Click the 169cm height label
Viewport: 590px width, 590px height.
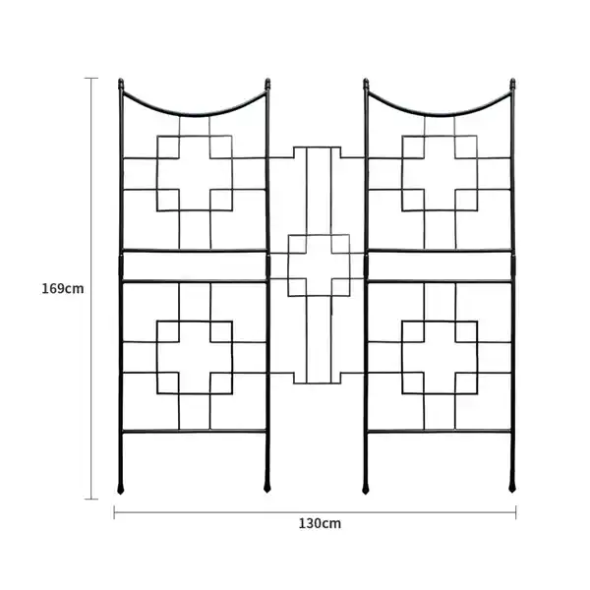pos(63,288)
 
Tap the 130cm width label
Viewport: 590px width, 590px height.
pos(320,523)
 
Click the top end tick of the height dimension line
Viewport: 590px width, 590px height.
pos(91,79)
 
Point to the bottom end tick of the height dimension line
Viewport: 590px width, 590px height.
pos(91,499)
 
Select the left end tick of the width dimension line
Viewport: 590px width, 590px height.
pos(114,512)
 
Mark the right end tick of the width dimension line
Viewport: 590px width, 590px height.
pos(515,512)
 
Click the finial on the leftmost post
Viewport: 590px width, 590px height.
pos(121,84)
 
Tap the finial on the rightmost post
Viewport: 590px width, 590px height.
pos(512,84)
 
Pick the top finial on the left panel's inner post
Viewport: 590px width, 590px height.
pos(267,84)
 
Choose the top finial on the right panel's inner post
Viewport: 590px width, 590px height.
pos(366,84)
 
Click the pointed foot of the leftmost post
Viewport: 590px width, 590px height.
pos(120,487)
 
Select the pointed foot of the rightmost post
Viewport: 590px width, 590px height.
pos(512,487)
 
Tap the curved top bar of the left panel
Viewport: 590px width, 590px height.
pos(195,114)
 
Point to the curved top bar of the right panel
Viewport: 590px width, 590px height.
pos(440,114)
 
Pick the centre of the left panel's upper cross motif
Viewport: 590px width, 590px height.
pos(195,173)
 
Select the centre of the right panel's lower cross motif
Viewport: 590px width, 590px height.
pos(440,357)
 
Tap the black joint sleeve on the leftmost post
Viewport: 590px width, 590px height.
pos(121,266)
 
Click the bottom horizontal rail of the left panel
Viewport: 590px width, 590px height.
pos(194,432)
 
